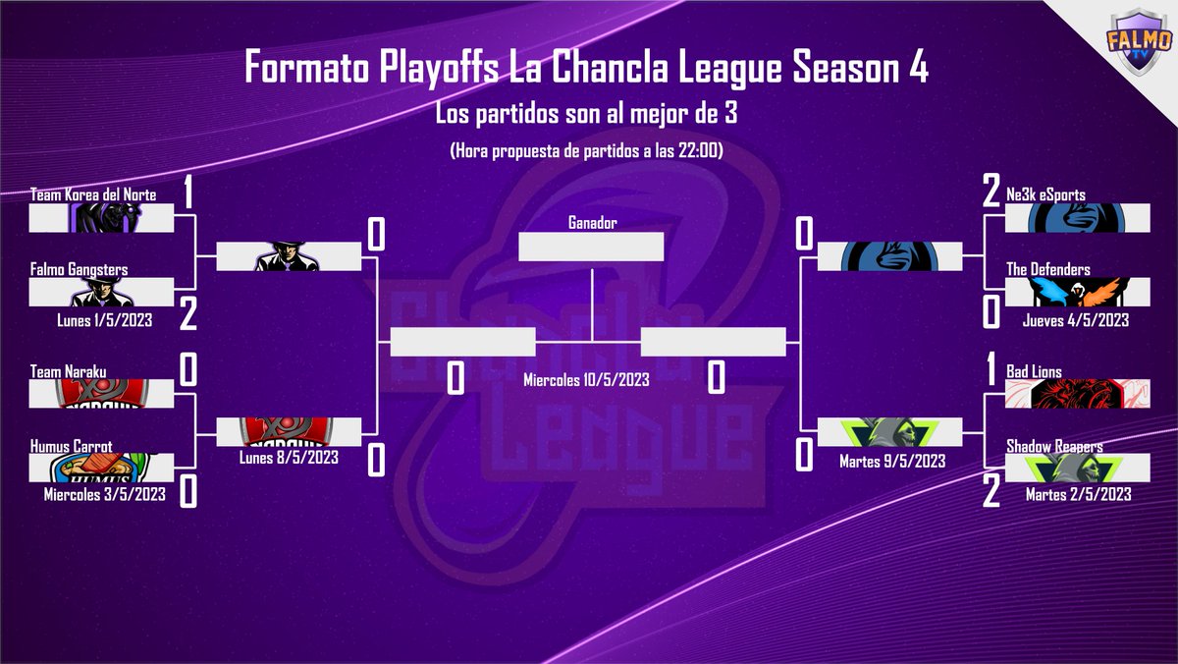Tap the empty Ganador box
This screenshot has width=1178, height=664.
[591, 247]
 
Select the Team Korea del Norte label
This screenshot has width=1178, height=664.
[93, 195]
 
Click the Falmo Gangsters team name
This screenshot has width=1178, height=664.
[79, 269]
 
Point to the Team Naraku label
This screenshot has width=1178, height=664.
[68, 370]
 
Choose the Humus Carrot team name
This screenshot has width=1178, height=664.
[72, 446]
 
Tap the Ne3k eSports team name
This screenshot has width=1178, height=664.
[1045, 195]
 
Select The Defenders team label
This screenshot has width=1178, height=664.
[1048, 269]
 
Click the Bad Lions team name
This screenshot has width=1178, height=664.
[1034, 372]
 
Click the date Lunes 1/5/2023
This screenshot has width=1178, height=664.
[104, 320]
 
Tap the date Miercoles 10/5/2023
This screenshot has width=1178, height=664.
[587, 378]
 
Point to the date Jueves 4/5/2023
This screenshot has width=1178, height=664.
[1075, 320]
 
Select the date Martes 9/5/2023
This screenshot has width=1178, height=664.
[892, 460]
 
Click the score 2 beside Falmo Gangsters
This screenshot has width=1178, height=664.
[188, 314]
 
